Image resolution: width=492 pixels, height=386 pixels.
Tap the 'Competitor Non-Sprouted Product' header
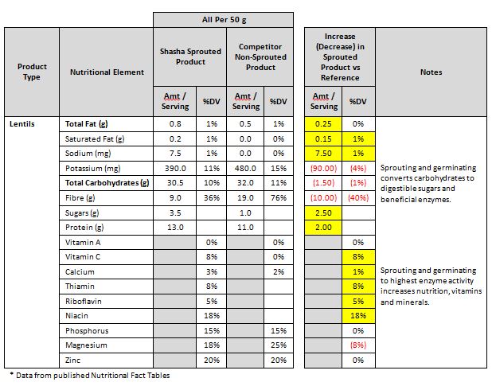tap(260, 57)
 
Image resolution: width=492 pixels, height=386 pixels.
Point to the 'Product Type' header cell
tap(32, 72)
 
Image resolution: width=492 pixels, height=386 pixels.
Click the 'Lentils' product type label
tap(21, 124)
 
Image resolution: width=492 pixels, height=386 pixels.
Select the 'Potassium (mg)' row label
tap(92, 169)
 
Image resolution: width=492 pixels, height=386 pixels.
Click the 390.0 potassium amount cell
tap(174, 169)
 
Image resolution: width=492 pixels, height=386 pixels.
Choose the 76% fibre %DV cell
tap(278, 198)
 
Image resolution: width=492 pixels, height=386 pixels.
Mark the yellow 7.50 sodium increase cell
tap(323, 154)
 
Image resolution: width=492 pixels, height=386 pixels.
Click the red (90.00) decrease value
tap(323, 169)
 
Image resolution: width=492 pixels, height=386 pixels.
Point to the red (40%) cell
tap(358, 198)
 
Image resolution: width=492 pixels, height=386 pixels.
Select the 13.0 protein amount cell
tap(174, 228)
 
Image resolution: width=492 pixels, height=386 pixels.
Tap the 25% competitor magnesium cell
tap(278, 345)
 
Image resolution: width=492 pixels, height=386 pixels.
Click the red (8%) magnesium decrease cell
tap(358, 345)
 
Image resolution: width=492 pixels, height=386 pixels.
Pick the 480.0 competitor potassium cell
tap(246, 169)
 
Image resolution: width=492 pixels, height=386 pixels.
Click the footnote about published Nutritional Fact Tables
tap(89, 375)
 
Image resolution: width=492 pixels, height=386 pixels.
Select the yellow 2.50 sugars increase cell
tap(323, 213)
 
